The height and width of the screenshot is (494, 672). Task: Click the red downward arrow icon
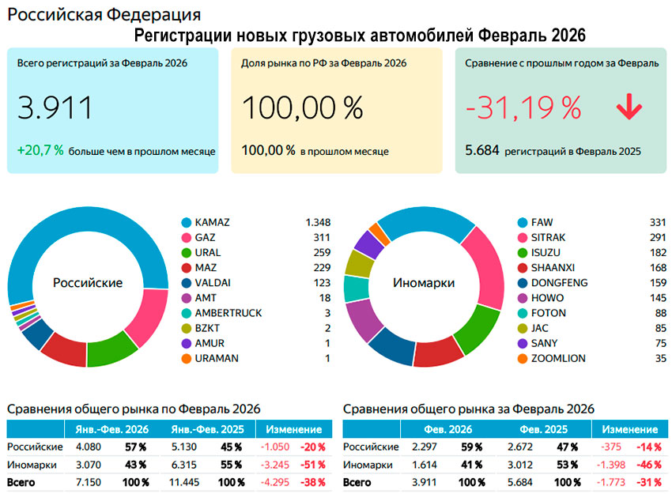[x=629, y=107]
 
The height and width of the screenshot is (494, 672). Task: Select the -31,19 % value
[x=523, y=107]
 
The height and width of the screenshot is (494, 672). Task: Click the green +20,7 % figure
[x=40, y=149]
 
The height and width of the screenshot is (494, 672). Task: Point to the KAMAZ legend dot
[x=187, y=222]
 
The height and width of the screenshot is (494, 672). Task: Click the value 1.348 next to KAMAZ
[x=318, y=222]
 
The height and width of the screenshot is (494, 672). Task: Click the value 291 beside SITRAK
[x=655, y=237]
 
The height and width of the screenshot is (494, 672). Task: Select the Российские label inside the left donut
[x=88, y=282]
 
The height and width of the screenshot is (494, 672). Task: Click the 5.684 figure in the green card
[x=481, y=150]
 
